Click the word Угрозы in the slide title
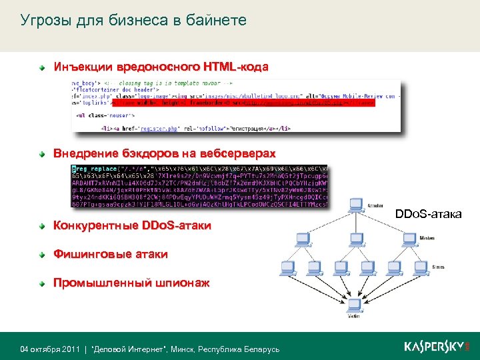click(43, 21)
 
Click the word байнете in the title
click(220, 21)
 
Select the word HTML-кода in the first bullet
click(237, 67)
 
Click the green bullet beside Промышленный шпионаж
click(41, 283)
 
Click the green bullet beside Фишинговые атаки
click(41, 254)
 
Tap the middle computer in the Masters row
click(360, 237)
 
